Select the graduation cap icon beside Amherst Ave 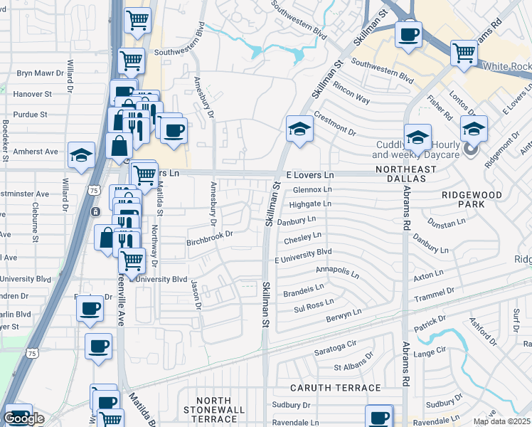(x=82, y=154)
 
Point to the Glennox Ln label (x=312, y=189)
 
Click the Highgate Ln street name (x=310, y=204)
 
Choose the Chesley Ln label (x=303, y=238)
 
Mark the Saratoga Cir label (x=335, y=352)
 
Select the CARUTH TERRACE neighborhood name (x=336, y=388)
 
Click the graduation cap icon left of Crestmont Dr (x=299, y=129)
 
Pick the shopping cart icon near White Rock (x=464, y=52)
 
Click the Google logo (x=23, y=418)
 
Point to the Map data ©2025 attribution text (x=502, y=421)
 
